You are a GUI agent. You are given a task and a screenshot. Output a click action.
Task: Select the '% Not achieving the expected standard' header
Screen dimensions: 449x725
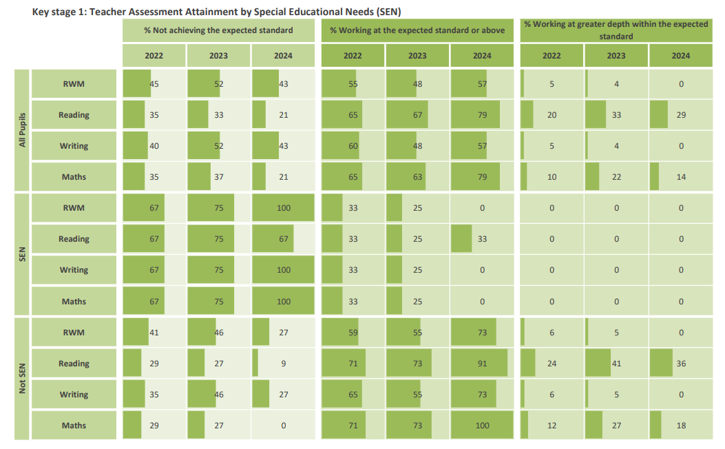[x=218, y=30]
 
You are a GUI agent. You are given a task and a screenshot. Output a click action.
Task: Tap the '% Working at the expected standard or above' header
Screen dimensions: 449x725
[x=417, y=30]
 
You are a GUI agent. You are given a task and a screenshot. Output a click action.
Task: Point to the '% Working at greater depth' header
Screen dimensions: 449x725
[x=616, y=30]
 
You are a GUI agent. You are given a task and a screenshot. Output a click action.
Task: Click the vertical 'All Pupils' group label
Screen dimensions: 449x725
[x=21, y=130]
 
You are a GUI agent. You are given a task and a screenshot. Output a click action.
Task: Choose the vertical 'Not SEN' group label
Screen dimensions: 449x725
[x=21, y=379]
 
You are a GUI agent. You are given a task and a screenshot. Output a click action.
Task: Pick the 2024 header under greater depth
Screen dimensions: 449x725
[x=680, y=56]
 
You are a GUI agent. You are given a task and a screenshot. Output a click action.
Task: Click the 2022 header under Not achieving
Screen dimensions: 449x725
[x=154, y=56]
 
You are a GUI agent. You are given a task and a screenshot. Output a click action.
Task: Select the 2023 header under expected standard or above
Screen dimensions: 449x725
[x=417, y=56]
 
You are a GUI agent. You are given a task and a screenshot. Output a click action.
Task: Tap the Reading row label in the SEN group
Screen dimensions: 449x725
[x=74, y=239]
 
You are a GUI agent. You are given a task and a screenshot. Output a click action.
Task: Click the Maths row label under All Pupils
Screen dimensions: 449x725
[x=74, y=177]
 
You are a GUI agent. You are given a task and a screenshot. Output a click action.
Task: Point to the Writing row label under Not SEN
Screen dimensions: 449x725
[x=74, y=395]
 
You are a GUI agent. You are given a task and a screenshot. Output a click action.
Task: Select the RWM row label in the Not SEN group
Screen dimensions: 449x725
[x=74, y=333]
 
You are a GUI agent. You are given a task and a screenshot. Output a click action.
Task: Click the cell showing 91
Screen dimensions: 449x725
[x=482, y=364]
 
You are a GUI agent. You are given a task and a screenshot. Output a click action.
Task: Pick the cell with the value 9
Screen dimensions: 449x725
[x=283, y=364]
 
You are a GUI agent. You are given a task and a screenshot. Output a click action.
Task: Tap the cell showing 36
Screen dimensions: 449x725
[x=680, y=364]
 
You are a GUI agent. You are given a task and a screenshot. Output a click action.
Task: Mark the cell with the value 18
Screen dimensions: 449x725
[x=680, y=426]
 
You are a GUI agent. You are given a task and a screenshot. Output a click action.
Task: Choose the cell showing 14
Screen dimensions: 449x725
[x=680, y=177]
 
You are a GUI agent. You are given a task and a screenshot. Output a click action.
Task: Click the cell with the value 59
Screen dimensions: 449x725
[x=353, y=333]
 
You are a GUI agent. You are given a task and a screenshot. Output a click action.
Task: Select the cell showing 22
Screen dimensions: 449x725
[x=616, y=177]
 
